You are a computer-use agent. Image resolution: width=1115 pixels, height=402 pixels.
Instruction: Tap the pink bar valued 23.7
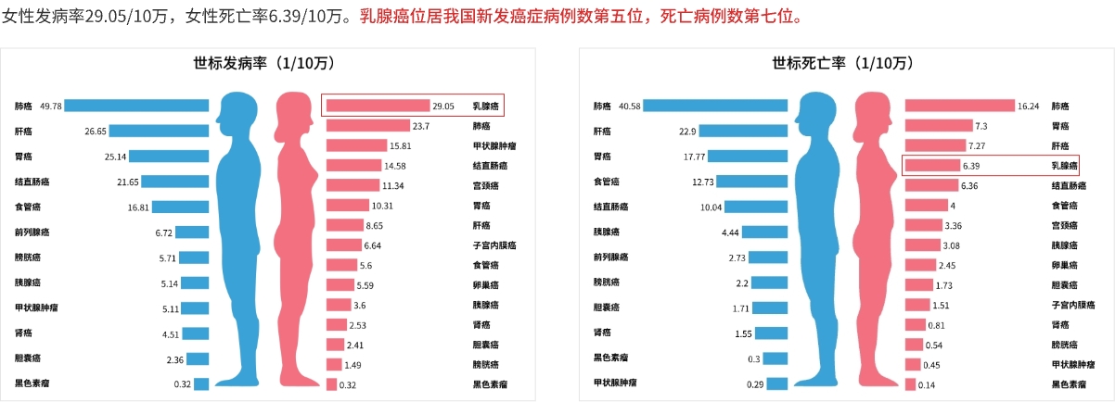(x=367, y=126)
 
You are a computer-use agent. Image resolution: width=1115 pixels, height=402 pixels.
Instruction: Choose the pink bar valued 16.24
(x=960, y=107)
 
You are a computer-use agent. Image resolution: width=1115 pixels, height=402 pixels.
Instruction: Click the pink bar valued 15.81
(x=356, y=146)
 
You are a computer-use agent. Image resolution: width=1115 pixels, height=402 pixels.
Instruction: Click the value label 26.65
(x=96, y=132)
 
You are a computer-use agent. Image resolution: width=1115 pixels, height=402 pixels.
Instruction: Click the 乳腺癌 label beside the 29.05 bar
(x=485, y=107)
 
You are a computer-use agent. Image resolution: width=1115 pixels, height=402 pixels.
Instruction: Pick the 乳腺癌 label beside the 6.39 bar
(x=1064, y=166)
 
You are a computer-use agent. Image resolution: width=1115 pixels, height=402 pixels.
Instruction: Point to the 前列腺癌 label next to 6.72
(x=33, y=232)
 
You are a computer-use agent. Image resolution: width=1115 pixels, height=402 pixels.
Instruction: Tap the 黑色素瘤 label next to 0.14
(x=1068, y=384)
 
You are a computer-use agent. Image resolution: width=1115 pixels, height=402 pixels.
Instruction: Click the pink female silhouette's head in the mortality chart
(x=873, y=108)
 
